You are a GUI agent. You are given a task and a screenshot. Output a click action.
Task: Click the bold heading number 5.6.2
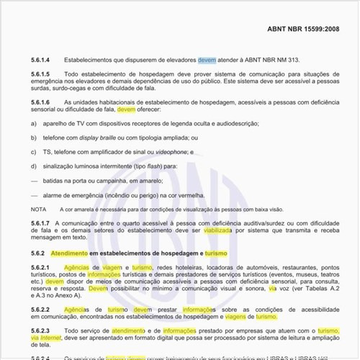[x=37, y=254]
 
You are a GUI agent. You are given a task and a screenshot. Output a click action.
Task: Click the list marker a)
[x=34, y=124]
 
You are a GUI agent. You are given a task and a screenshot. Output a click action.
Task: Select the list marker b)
[x=34, y=138]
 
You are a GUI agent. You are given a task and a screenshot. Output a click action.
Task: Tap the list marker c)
[x=34, y=152]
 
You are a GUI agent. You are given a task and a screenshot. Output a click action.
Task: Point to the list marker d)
[x=34, y=166]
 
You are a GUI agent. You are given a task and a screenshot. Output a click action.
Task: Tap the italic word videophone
[x=168, y=152]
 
